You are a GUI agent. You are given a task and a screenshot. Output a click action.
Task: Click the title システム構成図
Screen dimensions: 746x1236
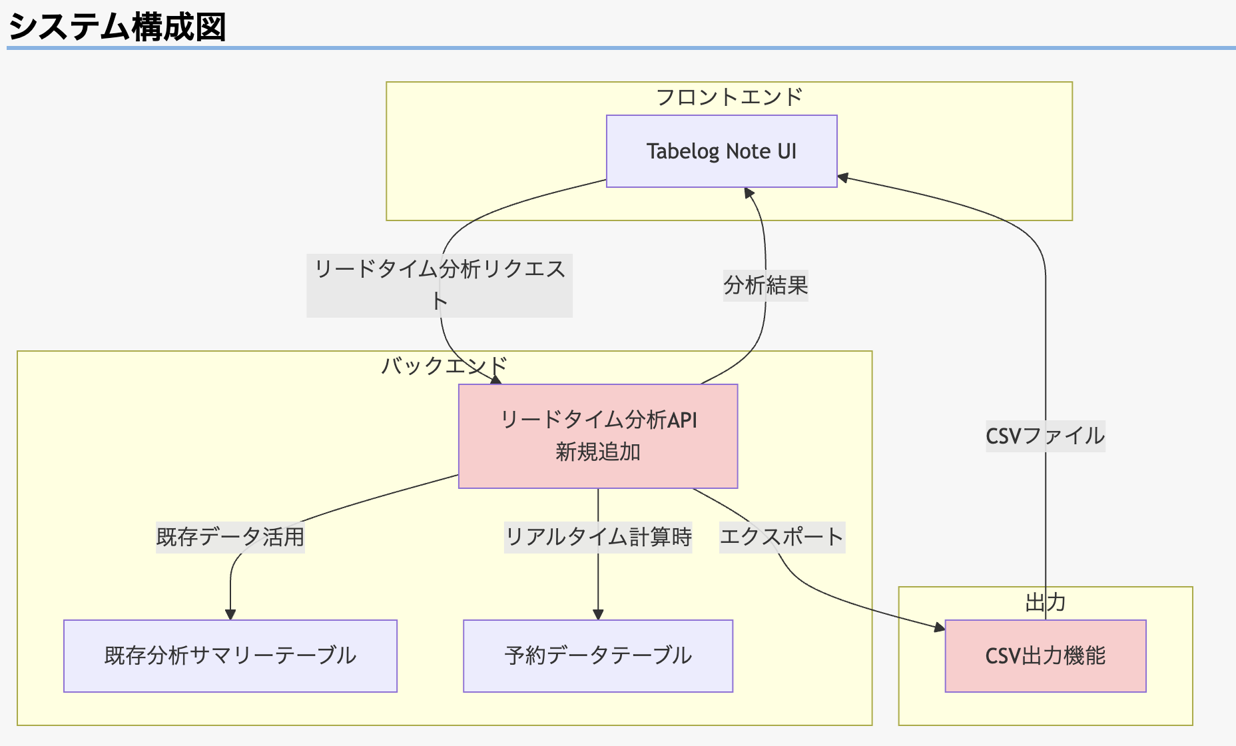[117, 27]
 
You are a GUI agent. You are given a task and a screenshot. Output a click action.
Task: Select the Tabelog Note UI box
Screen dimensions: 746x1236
[721, 151]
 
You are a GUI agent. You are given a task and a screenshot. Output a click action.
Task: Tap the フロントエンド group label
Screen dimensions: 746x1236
[729, 97]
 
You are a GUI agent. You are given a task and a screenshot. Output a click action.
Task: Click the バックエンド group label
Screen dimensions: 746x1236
[444, 366]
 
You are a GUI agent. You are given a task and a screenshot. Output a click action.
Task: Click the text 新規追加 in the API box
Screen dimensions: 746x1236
[598, 452]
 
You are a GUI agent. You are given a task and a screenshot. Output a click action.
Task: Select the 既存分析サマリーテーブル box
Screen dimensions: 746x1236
[230, 656]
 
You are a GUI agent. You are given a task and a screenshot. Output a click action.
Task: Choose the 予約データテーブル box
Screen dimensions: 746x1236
[598, 656]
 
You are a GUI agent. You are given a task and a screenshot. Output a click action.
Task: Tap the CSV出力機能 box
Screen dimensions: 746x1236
[1045, 656]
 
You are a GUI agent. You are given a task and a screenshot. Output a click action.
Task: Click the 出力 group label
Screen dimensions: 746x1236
[1045, 603]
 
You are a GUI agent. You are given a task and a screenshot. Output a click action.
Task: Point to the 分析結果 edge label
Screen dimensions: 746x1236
[765, 286]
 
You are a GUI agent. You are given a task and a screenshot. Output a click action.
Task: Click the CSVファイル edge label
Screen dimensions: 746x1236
[1045, 436]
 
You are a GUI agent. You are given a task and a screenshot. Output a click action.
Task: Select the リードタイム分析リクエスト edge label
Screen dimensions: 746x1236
[440, 284]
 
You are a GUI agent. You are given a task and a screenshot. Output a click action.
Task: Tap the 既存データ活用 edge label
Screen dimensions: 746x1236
[230, 537]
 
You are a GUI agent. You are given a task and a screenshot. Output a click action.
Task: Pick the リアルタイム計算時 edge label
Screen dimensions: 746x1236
[598, 537]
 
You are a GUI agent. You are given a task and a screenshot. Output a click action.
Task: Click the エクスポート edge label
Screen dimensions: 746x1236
[782, 537]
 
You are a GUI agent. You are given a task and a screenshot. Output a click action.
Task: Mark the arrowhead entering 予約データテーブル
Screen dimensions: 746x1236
[598, 615]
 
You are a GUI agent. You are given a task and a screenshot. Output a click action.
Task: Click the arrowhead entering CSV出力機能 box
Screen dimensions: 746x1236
[940, 627]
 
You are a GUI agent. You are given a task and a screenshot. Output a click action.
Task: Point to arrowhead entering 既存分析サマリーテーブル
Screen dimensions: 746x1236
[230, 615]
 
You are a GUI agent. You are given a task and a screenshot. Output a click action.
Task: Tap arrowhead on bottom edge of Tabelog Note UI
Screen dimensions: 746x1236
[749, 193]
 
